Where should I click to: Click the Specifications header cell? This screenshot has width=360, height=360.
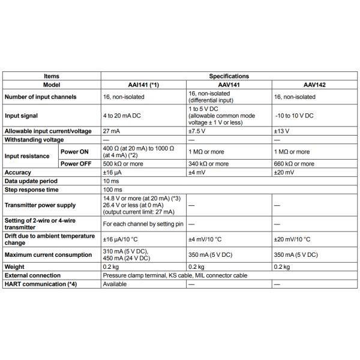tap(229, 76)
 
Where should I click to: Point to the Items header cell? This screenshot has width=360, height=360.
tap(52, 76)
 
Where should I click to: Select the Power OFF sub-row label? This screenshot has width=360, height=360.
tap(76, 163)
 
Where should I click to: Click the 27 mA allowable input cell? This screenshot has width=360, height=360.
tap(112, 130)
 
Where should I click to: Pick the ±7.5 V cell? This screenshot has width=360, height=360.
tap(197, 130)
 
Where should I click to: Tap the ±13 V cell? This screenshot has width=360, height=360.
tap(282, 130)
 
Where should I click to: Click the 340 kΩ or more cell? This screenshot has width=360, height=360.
tap(208, 163)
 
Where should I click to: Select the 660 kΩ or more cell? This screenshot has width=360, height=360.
tap(293, 163)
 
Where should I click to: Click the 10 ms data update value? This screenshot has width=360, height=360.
tap(112, 181)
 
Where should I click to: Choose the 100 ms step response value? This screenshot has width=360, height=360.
tap(113, 190)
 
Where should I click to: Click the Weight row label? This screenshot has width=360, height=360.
tap(14, 266)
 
